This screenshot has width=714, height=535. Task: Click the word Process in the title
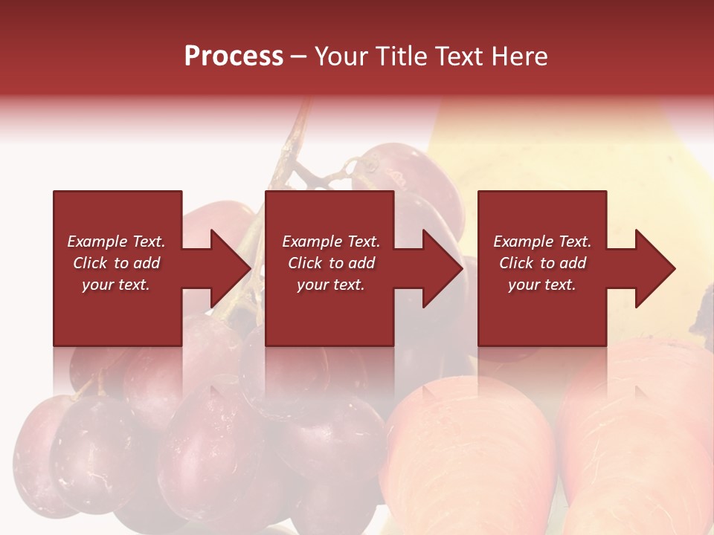tap(234, 56)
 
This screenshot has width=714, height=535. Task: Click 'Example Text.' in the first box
tap(116, 241)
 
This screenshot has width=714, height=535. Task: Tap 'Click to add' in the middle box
tap(331, 263)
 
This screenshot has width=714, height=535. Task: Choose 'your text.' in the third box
tap(541, 285)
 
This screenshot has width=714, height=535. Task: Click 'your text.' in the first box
tap(116, 285)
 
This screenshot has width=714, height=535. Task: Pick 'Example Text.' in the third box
tap(541, 241)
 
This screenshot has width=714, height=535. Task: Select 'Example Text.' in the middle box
tap(331, 241)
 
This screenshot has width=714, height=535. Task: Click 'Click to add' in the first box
tap(116, 263)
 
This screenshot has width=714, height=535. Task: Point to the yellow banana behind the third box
tap(654, 171)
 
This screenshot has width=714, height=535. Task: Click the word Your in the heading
tap(342, 56)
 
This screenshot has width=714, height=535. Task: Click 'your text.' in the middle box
tap(331, 285)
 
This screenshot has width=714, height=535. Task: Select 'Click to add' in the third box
tap(541, 263)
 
